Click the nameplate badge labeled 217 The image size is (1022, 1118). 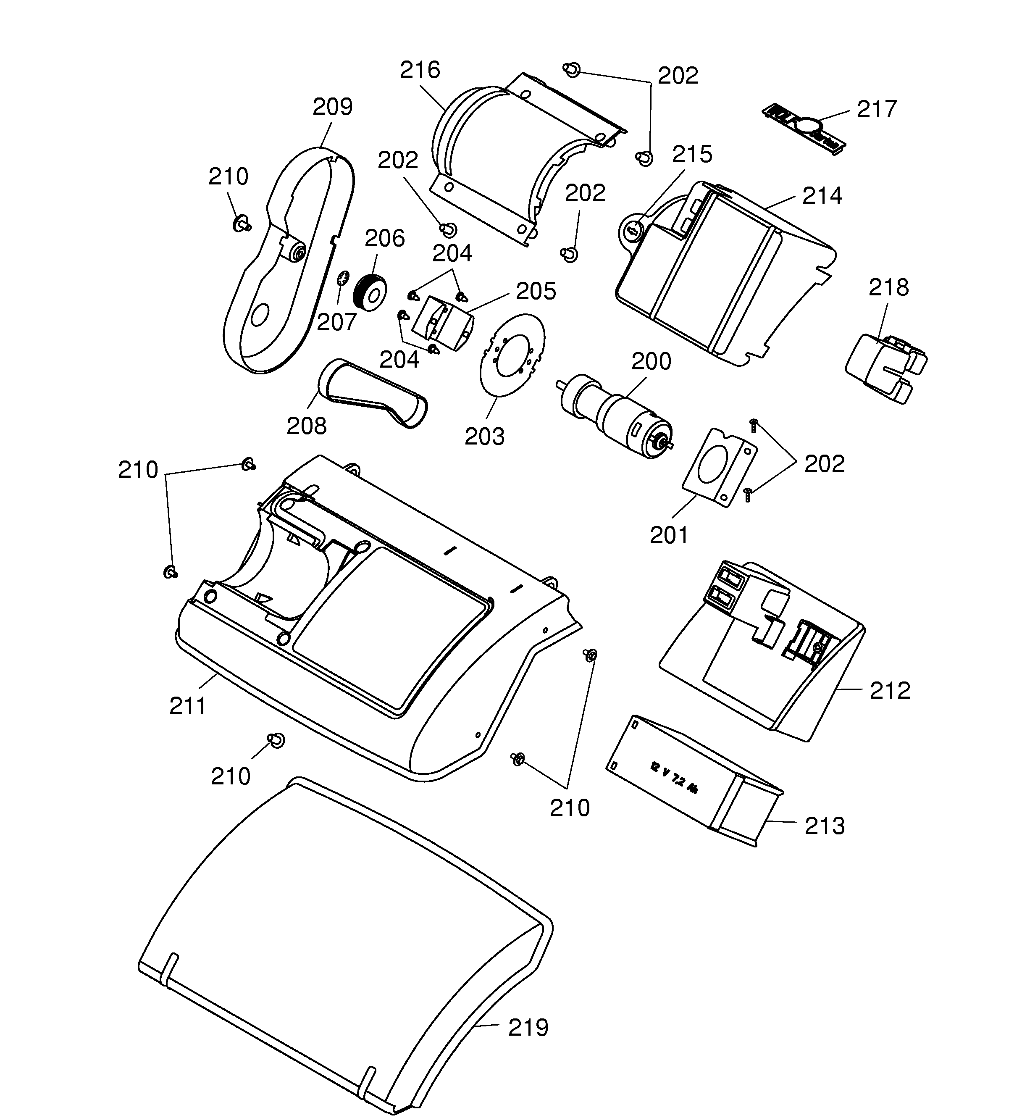tap(802, 128)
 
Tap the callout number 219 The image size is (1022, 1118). tap(528, 1028)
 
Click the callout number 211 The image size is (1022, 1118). tap(187, 706)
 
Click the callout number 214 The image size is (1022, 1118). tap(822, 196)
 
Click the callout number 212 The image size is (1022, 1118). tap(889, 690)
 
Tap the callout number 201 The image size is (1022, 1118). tap(669, 535)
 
